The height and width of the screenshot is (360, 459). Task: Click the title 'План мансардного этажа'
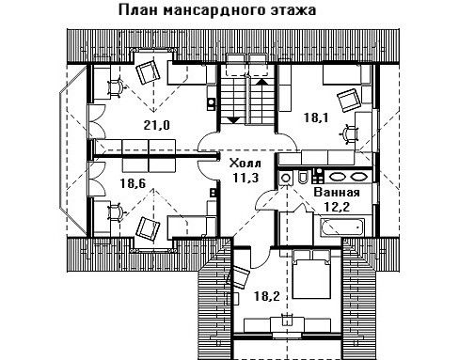[217, 10]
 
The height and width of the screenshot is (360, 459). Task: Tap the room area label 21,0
[157, 125]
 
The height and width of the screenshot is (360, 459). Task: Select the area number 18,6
[133, 183]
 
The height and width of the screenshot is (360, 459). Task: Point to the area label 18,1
[316, 117]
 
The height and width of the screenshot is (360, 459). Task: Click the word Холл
[245, 164]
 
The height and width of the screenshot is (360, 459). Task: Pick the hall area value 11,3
[245, 178]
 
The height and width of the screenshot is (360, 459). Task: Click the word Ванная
[337, 192]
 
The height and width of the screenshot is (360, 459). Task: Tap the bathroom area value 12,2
[337, 207]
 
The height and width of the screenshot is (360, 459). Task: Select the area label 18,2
[266, 295]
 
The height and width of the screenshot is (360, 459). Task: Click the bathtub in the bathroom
[342, 227]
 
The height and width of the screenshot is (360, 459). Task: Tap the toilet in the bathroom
[303, 178]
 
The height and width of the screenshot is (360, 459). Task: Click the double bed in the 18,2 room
[311, 274]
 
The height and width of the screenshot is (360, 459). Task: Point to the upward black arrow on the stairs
[262, 82]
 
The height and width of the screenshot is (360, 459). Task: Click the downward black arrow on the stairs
[233, 120]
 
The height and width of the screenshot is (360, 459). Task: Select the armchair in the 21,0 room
[148, 71]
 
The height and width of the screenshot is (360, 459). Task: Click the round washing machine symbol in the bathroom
[285, 178]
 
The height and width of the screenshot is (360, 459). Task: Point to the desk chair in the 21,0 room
[117, 87]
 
